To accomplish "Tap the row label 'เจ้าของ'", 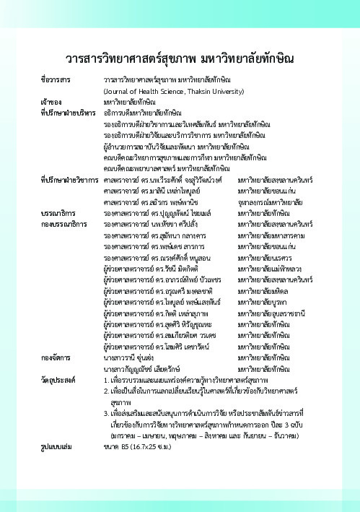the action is [x=51, y=103].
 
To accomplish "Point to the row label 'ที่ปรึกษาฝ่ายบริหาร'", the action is [x=68, y=113].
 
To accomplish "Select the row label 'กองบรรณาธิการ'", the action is [x=63, y=225].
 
